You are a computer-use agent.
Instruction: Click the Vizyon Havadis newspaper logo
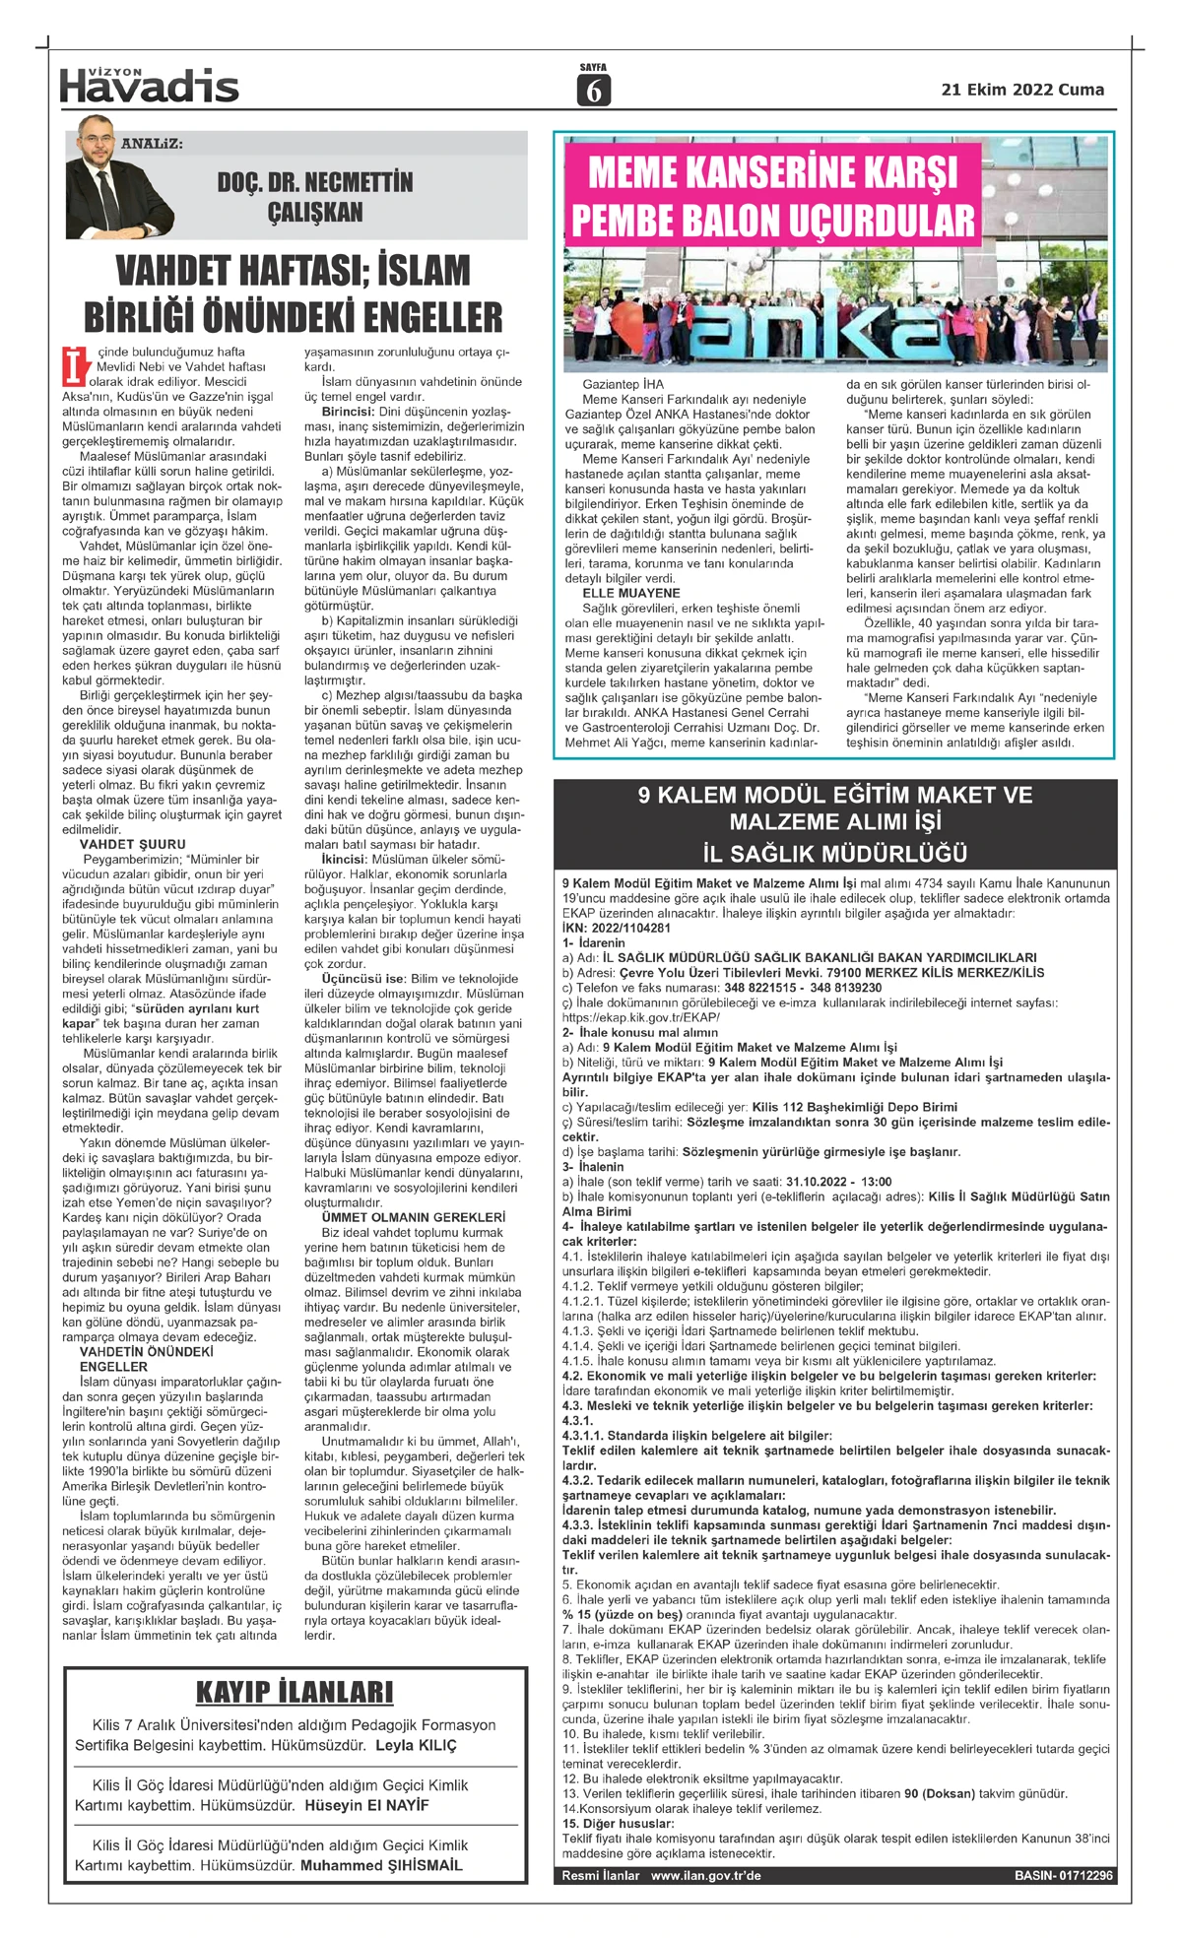[x=149, y=86]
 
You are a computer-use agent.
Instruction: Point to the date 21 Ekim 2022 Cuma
[x=1022, y=90]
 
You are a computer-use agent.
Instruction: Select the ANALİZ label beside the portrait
[x=153, y=144]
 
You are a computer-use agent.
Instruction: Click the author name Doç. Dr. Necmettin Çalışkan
[x=315, y=197]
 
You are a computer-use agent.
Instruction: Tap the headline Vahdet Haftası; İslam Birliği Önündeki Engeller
[x=294, y=293]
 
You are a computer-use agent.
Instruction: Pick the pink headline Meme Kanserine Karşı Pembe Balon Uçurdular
[x=773, y=196]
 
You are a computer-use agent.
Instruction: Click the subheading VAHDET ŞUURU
[x=132, y=844]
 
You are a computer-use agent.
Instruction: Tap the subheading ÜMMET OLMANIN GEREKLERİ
[x=400, y=1217]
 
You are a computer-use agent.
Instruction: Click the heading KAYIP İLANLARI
[x=295, y=1692]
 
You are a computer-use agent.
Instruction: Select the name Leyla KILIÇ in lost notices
[x=416, y=1745]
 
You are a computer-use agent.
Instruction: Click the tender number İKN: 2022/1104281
[x=617, y=928]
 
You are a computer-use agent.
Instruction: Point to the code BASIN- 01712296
[x=1063, y=1876]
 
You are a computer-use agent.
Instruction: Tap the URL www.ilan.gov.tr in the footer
[x=705, y=1876]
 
